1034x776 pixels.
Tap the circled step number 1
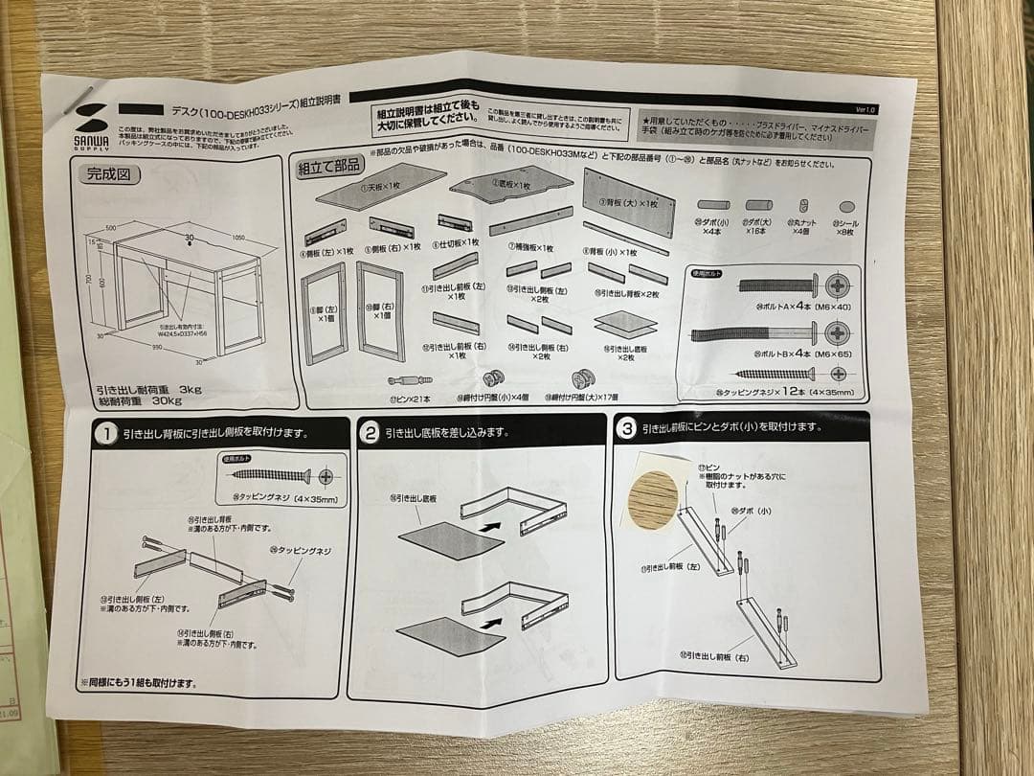coord(104,434)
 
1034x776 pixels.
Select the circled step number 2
coord(370,432)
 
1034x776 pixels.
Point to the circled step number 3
coord(627,428)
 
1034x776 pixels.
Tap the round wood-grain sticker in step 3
coord(655,498)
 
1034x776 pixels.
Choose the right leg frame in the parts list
coord(380,309)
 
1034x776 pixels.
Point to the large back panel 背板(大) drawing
coord(628,202)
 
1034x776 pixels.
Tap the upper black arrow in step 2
coord(489,526)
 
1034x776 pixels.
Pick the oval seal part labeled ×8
coord(846,206)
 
